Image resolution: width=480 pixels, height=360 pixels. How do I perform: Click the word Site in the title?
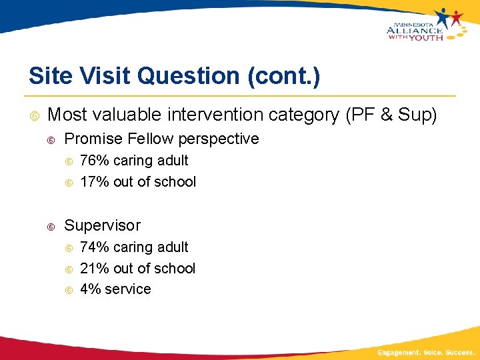pos(49,76)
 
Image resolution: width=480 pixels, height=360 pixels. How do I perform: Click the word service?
pos(127,289)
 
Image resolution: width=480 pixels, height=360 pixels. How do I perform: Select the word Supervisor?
pos(102,225)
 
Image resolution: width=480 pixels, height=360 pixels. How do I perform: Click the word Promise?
pos(91,139)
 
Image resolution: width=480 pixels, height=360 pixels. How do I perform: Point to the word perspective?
pos(216,139)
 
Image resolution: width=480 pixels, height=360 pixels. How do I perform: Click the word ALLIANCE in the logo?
pos(414,30)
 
